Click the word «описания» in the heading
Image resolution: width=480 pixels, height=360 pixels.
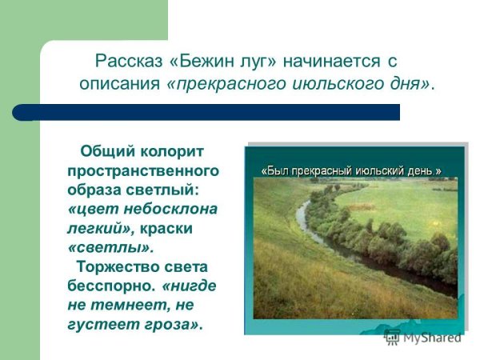[120, 84]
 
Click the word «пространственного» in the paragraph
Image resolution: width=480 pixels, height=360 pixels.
[143, 171]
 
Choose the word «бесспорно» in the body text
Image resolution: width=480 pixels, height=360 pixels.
[111, 286]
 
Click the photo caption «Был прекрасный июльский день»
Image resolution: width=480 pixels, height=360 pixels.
[352, 171]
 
